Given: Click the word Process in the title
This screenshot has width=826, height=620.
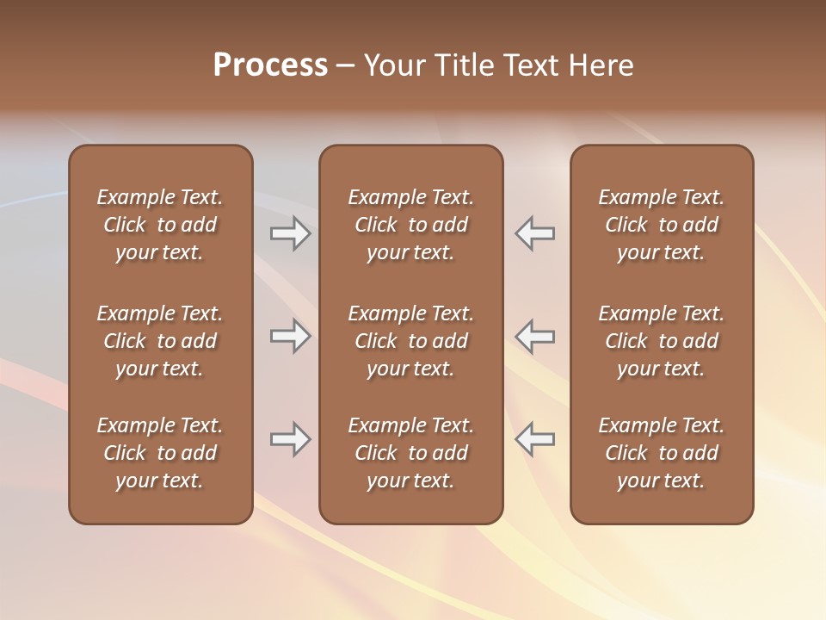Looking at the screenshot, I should pos(270,65).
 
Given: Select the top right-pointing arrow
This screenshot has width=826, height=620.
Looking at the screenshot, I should pos(290,233).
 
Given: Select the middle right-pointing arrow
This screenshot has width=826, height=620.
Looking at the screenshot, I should pos(290,336).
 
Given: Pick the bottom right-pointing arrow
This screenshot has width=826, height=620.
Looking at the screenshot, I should pos(290,439).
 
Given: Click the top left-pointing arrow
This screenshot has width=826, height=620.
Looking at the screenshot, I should pos(535,233).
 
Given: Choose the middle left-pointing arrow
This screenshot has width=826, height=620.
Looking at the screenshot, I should pos(535,336).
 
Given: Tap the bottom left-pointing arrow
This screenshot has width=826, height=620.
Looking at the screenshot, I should pos(535,439).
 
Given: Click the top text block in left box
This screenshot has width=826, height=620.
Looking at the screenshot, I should pos(160,225).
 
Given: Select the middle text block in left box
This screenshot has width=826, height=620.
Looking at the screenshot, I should pos(160,341).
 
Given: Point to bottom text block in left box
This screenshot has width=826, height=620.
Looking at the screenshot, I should pos(160,453).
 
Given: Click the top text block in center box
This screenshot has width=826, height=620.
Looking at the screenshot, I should pos(410,225).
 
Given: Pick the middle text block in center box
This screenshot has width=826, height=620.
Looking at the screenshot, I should pos(410,341).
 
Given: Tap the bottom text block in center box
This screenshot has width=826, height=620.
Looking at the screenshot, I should pos(410,453).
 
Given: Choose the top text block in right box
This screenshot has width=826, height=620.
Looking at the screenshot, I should pos(661,225).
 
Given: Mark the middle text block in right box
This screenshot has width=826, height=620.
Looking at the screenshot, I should pos(661,341).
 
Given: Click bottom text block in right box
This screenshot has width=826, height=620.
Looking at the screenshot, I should pos(661,453).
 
